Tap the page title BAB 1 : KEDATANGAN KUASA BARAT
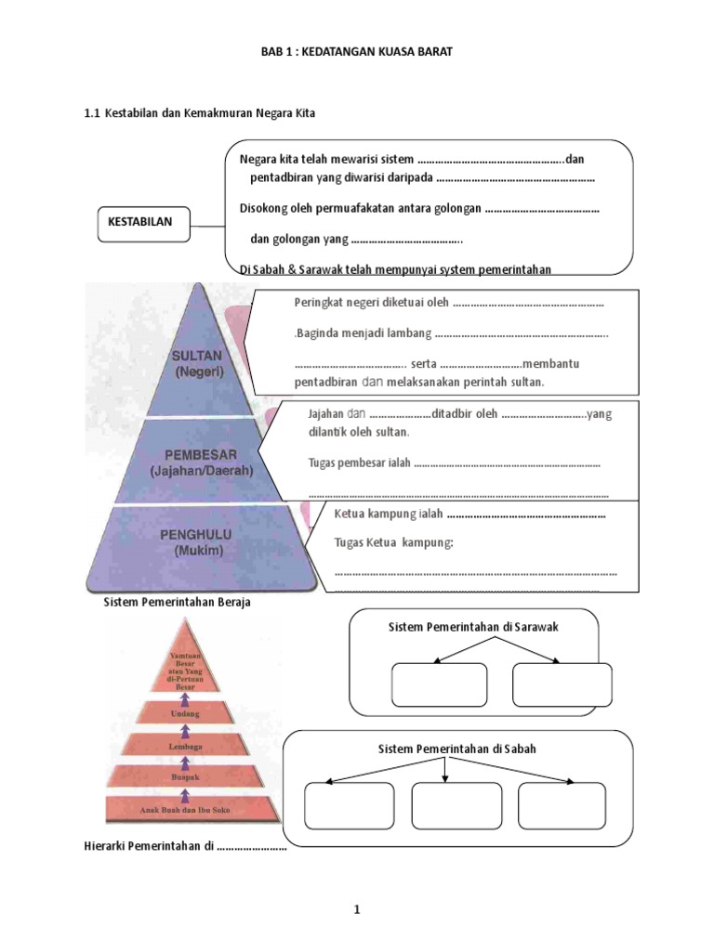[x=356, y=52]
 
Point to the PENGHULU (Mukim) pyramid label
[x=195, y=541]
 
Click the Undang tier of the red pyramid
[x=195, y=715]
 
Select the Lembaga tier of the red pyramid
[x=195, y=746]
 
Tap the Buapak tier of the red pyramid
[x=195, y=776]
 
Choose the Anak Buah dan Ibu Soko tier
[x=195, y=810]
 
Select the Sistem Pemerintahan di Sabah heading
[x=456, y=749]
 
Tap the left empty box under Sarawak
[x=439, y=685]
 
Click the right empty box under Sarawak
[x=562, y=685]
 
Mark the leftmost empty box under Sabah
[x=349, y=804]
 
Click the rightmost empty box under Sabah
[x=562, y=804]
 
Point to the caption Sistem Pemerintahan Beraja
[x=176, y=602]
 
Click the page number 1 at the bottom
[x=356, y=911]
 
